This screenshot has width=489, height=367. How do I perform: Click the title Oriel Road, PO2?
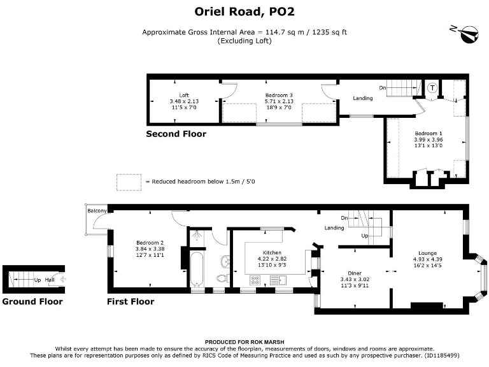[244, 11]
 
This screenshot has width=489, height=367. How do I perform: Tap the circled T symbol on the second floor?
[432, 88]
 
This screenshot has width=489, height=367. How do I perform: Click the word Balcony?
[97, 211]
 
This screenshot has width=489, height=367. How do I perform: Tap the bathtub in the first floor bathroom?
[197, 270]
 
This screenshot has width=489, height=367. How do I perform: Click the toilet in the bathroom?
[223, 278]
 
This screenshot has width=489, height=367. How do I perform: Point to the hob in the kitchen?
[255, 280]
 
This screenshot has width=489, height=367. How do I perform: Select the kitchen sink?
[278, 280]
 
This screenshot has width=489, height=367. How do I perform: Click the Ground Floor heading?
[32, 301]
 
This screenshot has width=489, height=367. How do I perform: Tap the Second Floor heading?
[176, 134]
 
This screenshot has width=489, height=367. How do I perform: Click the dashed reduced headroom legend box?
[129, 182]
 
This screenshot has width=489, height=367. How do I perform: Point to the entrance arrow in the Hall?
[62, 279]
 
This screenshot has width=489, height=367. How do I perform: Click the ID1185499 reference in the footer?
[441, 355]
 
